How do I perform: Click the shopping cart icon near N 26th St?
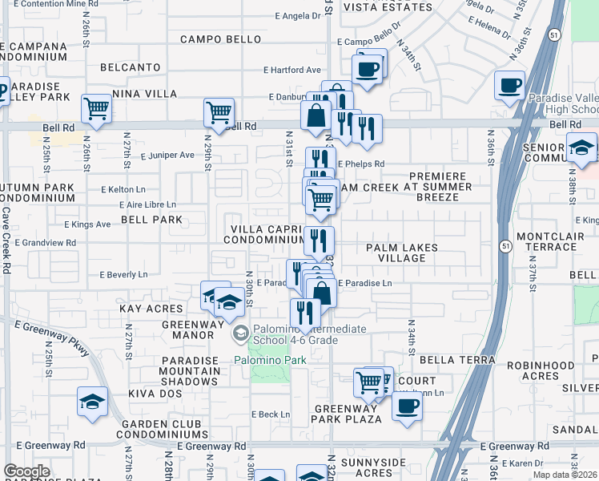click(x=96, y=108)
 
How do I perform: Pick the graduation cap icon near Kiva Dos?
click(x=92, y=401)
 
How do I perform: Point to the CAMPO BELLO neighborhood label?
click(x=220, y=39)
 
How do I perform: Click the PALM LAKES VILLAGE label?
click(x=402, y=253)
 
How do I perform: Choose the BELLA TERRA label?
click(x=462, y=361)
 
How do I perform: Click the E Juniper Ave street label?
click(x=167, y=156)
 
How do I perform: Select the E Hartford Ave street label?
click(x=292, y=70)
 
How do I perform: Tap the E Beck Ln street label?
click(x=270, y=414)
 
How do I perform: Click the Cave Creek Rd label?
click(x=6, y=240)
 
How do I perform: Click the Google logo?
click(x=26, y=471)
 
